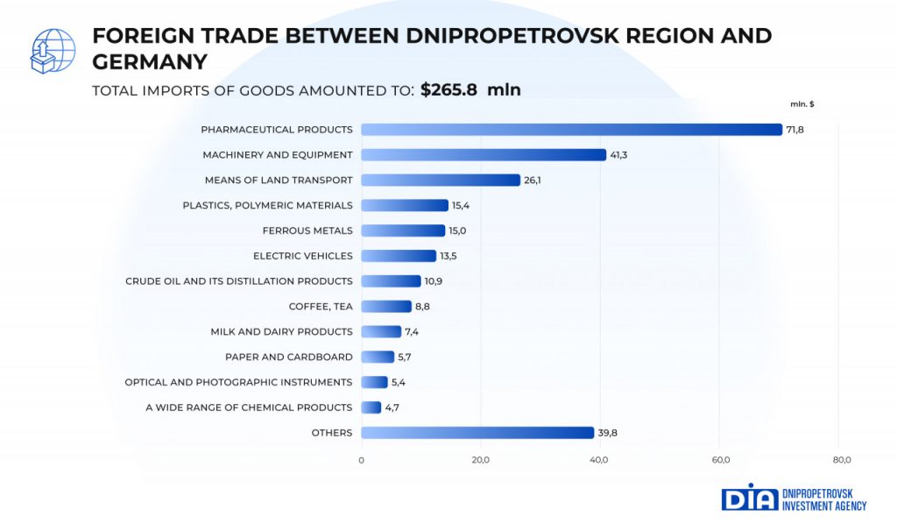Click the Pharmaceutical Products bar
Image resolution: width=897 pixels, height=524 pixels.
pyautogui.click(x=571, y=130)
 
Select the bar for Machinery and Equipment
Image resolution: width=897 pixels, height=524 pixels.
pyautogui.click(x=484, y=155)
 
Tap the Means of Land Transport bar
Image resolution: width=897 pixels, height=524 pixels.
pyautogui.click(x=441, y=181)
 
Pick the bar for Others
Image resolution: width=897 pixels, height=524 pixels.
pyautogui.click(x=477, y=433)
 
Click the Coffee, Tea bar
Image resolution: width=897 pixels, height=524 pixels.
pyautogui.click(x=386, y=307)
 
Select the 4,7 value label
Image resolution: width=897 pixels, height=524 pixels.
pyautogui.click(x=393, y=407)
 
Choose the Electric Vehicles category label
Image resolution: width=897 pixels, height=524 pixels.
pyautogui.click(x=303, y=256)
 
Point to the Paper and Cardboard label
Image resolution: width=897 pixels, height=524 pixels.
pyautogui.click(x=289, y=357)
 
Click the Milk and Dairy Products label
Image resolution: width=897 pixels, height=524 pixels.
pyautogui.click(x=282, y=332)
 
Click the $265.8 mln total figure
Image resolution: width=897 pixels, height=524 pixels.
pyautogui.click(x=470, y=89)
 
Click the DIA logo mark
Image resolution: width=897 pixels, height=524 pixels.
pyautogui.click(x=749, y=497)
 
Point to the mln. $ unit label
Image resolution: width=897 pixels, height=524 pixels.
pyautogui.click(x=802, y=104)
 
